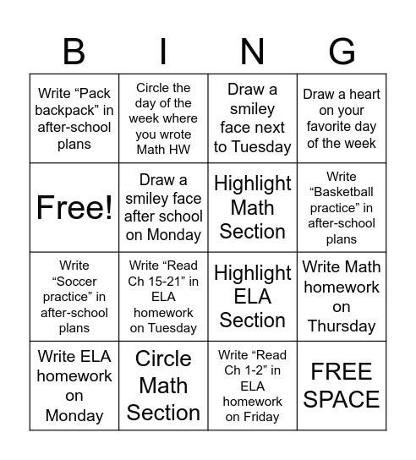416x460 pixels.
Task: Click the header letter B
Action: click(74, 52)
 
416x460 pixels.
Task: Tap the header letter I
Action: click(163, 52)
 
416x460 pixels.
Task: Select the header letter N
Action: click(252, 52)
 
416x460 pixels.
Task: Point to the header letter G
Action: click(342, 52)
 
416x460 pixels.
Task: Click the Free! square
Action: click(74, 207)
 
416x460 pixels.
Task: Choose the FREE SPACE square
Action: click(342, 386)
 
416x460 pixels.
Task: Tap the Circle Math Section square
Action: click(163, 386)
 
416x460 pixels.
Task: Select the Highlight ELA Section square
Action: click(252, 296)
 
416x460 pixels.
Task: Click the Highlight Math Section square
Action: click(252, 207)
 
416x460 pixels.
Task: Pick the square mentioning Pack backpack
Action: click(74, 118)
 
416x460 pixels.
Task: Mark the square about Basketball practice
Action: click(342, 207)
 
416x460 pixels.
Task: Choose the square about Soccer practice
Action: click(74, 296)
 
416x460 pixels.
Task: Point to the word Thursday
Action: click(342, 326)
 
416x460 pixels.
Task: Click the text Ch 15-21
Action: click(164, 282)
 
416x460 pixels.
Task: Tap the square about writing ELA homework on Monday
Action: click(74, 386)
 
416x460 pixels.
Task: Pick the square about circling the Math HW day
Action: click(163, 118)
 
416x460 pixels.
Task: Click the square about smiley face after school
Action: click(163, 207)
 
